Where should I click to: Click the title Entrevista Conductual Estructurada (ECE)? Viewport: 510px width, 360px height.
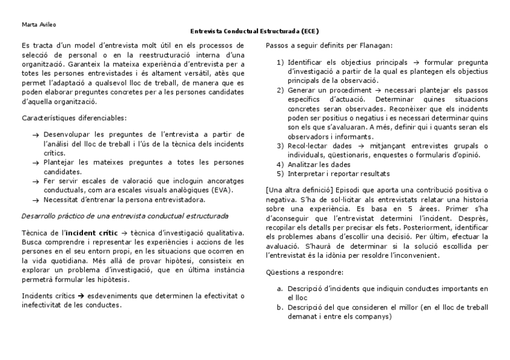pyautogui.click(x=254, y=31)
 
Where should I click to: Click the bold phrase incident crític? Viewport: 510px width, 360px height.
pyautogui.click(x=89, y=231)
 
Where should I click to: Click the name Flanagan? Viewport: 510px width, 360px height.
pyautogui.click(x=375, y=45)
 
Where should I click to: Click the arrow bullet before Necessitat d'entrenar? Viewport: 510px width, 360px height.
pyautogui.click(x=35, y=200)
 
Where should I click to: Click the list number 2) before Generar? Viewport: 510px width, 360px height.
pyautogui.click(x=280, y=90)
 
